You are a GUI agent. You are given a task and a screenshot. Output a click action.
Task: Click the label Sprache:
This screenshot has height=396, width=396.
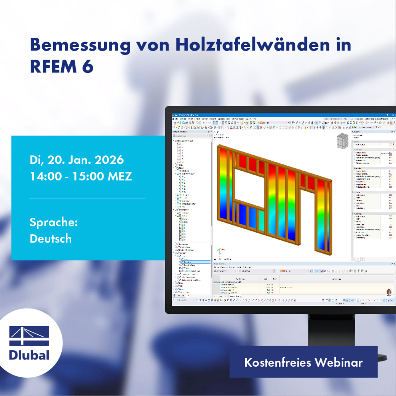(x=54, y=222)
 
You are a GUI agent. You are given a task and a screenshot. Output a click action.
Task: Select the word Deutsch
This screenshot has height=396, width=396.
(x=51, y=239)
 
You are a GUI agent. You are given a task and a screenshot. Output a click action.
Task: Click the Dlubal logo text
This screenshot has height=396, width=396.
(x=29, y=355)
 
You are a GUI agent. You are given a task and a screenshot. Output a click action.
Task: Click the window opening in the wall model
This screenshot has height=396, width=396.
(x=249, y=186)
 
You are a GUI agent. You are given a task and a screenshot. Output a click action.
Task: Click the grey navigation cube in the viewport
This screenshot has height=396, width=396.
(x=342, y=142)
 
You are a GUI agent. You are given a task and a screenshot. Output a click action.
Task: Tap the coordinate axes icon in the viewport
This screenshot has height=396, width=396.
(x=219, y=252)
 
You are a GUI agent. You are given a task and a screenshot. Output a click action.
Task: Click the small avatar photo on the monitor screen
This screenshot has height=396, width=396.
(x=389, y=292)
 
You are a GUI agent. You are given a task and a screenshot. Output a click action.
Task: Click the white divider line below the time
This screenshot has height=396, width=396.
(x=87, y=198)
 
